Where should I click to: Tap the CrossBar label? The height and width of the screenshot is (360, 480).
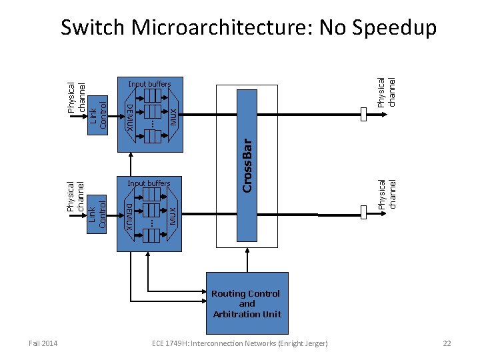pos(247,165)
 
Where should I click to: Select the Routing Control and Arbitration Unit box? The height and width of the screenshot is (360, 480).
pos(247,303)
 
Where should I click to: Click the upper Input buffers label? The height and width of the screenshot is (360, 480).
pos(149,85)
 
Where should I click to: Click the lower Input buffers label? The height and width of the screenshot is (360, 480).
pos(149,183)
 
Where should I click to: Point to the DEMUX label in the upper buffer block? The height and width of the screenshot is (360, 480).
pos(131,115)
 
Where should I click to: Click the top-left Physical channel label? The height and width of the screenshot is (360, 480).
pos(77,97)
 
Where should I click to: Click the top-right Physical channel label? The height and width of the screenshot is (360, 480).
pos(386,92)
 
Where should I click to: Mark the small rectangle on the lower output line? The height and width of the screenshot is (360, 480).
pos(363,212)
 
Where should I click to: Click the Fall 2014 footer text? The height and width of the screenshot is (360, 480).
pos(43,343)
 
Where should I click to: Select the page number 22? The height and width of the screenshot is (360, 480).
pos(447,343)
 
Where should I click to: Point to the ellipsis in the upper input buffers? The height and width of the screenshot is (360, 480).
pos(151,123)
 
